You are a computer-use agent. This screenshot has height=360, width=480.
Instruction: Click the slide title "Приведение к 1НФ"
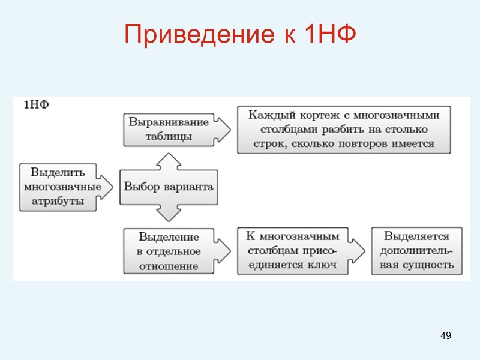pos(240,35)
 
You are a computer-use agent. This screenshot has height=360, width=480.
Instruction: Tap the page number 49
pos(445,335)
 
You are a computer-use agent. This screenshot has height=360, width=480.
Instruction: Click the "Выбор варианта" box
pos(168,187)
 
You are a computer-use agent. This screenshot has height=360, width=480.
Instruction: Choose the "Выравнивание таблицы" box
pos(171,129)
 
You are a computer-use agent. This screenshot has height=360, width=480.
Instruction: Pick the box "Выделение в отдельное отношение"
pos(171,251)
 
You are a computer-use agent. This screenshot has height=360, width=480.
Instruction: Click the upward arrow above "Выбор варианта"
pos(168,161)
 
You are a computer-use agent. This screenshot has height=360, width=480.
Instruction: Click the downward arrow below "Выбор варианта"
pos(168,212)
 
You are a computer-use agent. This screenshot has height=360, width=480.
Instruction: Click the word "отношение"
pos(169,266)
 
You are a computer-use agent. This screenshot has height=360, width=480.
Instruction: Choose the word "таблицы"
pos(169,136)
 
